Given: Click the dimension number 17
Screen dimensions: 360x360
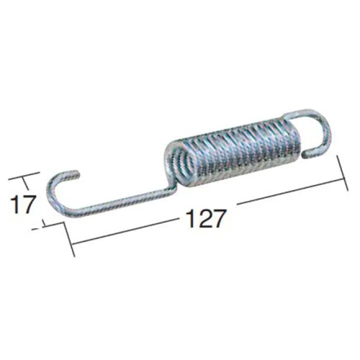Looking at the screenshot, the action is point(23,204).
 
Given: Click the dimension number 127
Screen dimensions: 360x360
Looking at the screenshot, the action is point(204,218).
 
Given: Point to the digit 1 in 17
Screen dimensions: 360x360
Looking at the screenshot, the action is point(15,204).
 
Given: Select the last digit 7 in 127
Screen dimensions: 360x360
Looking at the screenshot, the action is point(217,218).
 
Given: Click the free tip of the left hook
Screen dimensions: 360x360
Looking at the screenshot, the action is point(77,173).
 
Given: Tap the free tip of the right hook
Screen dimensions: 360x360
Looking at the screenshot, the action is point(306,154).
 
